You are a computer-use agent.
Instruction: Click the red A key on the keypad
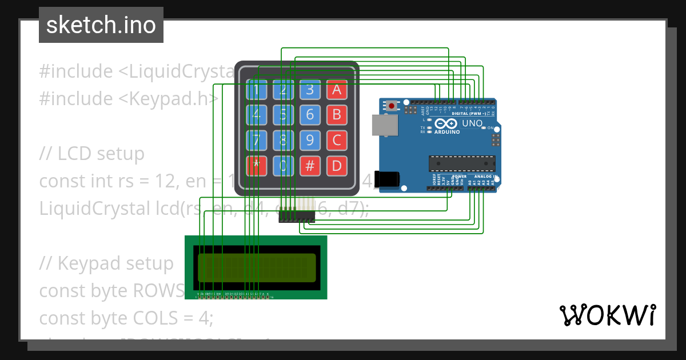(x=337, y=89)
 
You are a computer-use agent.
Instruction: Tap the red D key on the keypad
(x=337, y=166)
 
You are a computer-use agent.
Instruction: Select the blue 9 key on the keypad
(x=310, y=140)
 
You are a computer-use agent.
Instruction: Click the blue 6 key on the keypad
(x=310, y=114)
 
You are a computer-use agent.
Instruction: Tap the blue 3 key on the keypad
(x=310, y=89)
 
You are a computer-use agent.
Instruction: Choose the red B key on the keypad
(x=337, y=114)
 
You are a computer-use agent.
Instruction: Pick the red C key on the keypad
(x=337, y=140)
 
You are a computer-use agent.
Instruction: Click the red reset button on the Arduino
(x=392, y=106)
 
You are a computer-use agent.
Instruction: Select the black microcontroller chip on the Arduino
(x=462, y=163)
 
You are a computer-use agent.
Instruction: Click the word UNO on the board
(x=472, y=123)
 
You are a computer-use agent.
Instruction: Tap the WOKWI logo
(x=607, y=315)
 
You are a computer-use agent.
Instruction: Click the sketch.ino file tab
(x=101, y=25)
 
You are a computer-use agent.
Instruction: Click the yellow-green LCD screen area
(x=257, y=268)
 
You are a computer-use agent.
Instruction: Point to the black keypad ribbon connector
(x=297, y=218)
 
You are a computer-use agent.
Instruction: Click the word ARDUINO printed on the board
(x=447, y=132)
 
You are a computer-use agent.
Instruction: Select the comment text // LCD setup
(x=92, y=154)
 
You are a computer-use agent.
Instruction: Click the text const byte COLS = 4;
(x=126, y=318)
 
